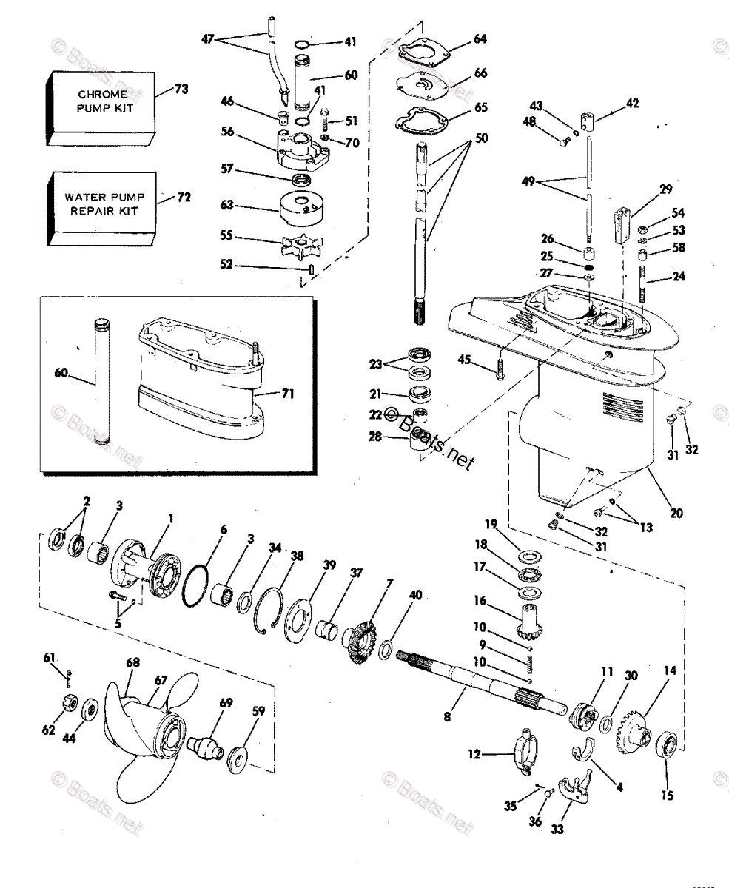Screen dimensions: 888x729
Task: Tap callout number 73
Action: pos(181,90)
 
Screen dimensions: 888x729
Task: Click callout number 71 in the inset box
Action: pos(288,393)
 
